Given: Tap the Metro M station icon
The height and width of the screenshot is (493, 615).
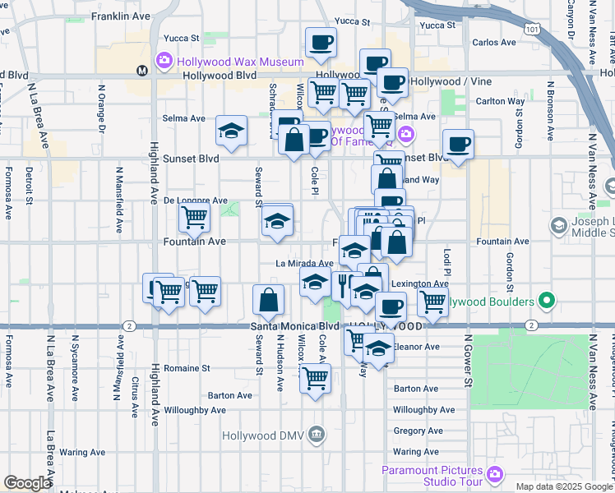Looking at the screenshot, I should pos(142,70).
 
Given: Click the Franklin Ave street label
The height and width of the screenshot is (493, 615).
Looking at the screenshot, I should pos(121,16).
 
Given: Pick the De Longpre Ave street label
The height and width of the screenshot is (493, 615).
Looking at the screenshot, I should pos(195,200).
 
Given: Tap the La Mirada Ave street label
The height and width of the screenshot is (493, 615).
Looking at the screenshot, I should pos(303,264).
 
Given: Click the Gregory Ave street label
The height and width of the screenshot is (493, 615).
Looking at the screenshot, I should pos(418,431).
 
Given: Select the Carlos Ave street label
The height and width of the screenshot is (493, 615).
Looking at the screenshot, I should pos(493,42).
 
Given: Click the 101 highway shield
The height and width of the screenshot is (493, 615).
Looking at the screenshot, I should pos(534,30).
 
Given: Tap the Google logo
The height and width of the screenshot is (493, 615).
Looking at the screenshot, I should pos(27,483).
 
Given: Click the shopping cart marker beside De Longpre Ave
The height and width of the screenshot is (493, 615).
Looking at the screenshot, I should pos(195,217).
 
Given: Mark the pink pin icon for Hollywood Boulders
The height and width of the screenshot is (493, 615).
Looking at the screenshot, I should pos(543,302).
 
